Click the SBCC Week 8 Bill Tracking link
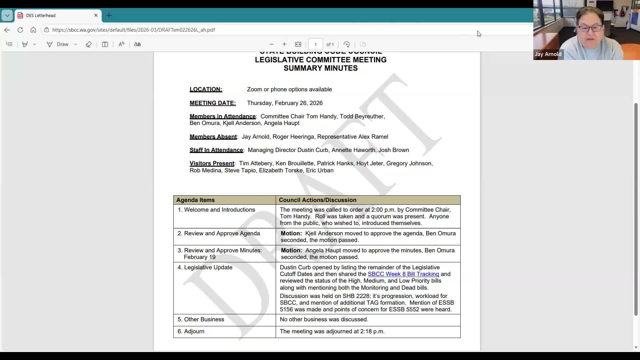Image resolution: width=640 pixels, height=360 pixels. click(x=403, y=274)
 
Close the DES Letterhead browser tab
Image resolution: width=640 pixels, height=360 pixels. click(x=96, y=15)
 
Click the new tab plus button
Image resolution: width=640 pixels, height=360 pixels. click(x=109, y=15)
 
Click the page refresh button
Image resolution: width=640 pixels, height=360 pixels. click(x=20, y=30)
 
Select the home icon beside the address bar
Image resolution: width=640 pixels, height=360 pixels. click(x=33, y=30)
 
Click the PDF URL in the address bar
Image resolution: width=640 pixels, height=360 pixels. click(x=133, y=30)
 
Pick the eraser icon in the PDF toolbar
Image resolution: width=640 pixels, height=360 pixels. click(x=89, y=44)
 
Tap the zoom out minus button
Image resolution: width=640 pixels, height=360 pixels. click(x=271, y=44)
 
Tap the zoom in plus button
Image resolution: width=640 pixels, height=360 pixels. click(x=284, y=44)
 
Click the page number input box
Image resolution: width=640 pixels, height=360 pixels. click(x=315, y=44)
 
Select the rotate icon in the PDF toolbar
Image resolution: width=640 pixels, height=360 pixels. click(x=347, y=44)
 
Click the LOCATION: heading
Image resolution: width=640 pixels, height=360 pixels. click(x=206, y=89)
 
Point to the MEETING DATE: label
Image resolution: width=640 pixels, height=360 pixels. click(x=213, y=103)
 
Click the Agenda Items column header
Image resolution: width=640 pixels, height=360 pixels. click(x=196, y=200)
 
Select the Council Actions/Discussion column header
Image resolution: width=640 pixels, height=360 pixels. click(x=317, y=200)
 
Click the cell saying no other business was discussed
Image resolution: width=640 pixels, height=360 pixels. click(x=324, y=319)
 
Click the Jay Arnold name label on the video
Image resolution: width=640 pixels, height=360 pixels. click(x=548, y=54)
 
